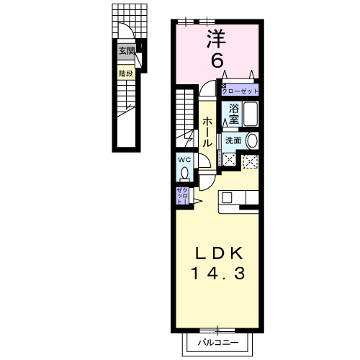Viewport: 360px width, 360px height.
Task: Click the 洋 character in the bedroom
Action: pos(215,38)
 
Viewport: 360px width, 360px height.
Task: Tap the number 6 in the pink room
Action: pos(216,60)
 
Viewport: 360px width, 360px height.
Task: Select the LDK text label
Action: pos(221,253)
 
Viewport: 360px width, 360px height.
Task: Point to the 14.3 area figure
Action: pos(220,273)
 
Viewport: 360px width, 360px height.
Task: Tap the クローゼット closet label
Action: pos(239,91)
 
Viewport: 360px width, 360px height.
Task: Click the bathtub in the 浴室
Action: pos(251,114)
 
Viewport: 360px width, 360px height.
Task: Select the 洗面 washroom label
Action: pos(233,140)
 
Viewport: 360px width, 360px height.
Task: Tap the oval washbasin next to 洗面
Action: pos(251,140)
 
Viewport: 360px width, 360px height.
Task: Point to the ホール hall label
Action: pos(207,133)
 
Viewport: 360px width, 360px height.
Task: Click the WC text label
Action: pos(184,159)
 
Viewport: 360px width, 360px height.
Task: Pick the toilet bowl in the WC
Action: pos(185,174)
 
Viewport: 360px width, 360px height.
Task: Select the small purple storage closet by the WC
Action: pos(181,196)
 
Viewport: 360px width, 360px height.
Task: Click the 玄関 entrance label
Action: pos(127,50)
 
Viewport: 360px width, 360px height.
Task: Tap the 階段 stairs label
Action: pos(127,73)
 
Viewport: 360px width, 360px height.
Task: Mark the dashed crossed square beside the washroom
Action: pos(250,161)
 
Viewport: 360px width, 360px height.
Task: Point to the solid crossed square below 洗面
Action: pos(230,160)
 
